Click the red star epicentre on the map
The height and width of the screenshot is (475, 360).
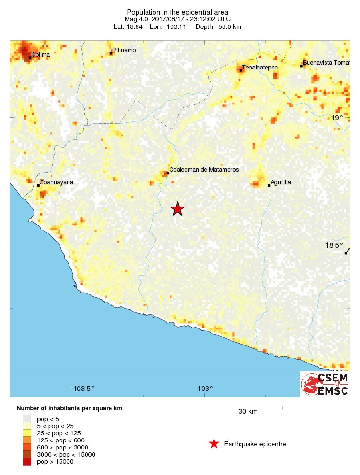click(x=177, y=209)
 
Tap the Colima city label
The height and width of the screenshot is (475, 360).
click(x=40, y=55)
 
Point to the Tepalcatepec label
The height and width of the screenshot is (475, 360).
click(x=260, y=68)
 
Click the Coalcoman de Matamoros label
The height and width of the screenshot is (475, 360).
click(x=204, y=170)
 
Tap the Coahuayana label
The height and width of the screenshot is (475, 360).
click(x=56, y=182)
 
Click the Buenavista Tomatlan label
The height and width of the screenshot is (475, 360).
click(x=327, y=63)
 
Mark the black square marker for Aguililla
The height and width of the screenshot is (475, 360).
click(x=269, y=185)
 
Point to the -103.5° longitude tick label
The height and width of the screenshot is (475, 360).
click(x=83, y=389)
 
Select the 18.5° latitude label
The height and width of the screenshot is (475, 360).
click(x=334, y=245)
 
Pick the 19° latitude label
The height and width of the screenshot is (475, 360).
click(x=337, y=118)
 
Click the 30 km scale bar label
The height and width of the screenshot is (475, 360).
click(x=248, y=412)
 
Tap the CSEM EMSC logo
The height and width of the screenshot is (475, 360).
click(x=326, y=384)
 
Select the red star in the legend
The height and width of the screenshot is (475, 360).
click(x=214, y=444)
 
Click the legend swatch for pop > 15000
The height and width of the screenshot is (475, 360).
click(x=27, y=462)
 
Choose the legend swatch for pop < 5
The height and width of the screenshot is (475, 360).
click(x=27, y=418)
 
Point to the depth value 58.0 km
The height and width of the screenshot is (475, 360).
click(x=230, y=27)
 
